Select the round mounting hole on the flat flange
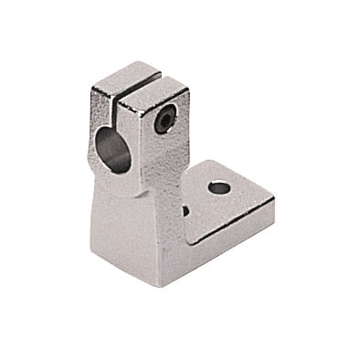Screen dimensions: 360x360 click(x=219, y=187)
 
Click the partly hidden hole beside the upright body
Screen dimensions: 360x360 click(x=185, y=210)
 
